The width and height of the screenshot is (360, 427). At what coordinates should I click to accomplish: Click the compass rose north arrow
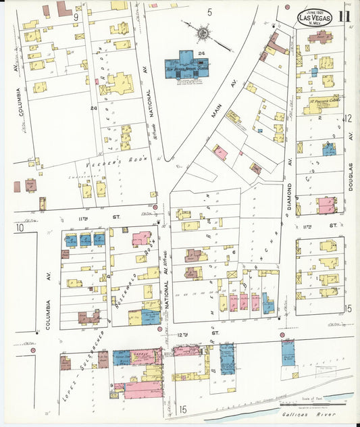[203, 32]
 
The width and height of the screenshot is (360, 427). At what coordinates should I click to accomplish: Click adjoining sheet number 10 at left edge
[20, 228]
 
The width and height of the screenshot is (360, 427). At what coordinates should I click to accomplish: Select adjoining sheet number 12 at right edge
[349, 118]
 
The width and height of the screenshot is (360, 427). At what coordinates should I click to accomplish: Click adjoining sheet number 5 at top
[210, 11]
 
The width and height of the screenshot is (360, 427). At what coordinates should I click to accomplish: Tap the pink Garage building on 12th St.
[143, 357]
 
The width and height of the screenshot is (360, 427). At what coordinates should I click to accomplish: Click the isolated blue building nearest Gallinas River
[288, 352]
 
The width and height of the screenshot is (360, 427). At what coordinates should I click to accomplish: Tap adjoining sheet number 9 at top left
[76, 15]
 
